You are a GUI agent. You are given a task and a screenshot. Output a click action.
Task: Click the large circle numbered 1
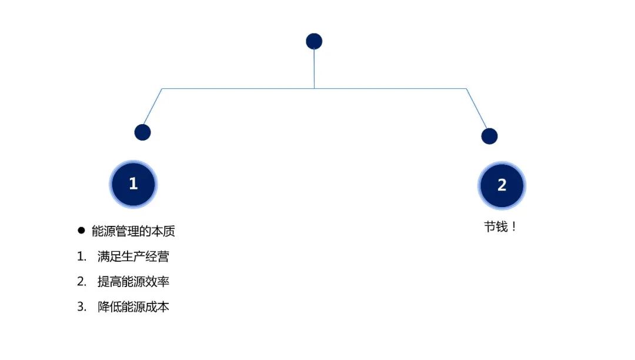click(133, 184)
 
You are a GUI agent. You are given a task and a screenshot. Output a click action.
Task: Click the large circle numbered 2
click(502, 186)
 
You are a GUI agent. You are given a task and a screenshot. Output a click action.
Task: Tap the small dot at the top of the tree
click(314, 41)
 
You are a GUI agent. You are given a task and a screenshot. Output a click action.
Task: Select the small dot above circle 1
click(142, 132)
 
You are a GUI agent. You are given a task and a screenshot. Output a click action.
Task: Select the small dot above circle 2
click(489, 136)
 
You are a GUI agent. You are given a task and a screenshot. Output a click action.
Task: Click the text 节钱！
click(500, 227)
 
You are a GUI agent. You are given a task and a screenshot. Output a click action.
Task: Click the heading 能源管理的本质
click(133, 231)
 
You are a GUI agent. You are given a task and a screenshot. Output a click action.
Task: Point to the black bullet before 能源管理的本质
click(82, 231)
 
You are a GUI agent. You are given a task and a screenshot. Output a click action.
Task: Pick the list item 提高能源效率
click(133, 282)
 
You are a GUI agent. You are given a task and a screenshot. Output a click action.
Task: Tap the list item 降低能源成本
click(133, 307)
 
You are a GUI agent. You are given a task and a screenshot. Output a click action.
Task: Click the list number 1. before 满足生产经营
click(82, 256)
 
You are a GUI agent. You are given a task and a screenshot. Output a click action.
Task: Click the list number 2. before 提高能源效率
click(82, 282)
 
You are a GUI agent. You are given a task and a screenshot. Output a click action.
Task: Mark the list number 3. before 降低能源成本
click(82, 307)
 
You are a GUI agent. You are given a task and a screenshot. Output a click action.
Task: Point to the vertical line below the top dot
click(314, 68)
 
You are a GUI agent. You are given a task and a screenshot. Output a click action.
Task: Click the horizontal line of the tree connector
click(235, 89)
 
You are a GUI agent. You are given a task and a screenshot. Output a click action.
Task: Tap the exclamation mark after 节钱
click(514, 227)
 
